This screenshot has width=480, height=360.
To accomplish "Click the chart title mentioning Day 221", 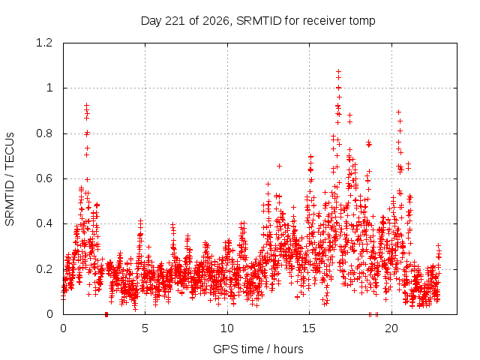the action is tap(258, 21).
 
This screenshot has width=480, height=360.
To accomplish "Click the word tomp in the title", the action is tap(361, 22).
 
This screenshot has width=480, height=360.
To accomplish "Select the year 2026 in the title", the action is tap(213, 21).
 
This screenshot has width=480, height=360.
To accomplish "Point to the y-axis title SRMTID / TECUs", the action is tap(10, 179).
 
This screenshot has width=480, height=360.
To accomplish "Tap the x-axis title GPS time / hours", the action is tap(258, 349).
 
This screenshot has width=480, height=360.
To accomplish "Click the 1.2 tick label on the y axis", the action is tap(44, 43).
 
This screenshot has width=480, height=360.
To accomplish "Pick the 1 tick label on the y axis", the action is tap(49, 88).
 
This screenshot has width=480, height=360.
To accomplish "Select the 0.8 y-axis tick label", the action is tap(44, 133).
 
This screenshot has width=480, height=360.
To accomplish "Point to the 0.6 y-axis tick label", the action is tap(44, 178).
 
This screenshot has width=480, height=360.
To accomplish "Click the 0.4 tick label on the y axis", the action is tap(44, 223).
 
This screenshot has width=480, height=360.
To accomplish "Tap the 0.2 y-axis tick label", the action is tap(44, 269).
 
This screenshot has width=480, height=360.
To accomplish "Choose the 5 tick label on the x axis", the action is tap(145, 328).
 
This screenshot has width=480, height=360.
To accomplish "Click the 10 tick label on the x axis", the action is tap(227, 328).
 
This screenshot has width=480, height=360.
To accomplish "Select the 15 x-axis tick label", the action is tap(309, 328).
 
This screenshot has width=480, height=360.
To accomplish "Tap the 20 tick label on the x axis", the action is tap(391, 328).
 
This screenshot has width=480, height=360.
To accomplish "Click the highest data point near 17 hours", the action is tap(338, 72).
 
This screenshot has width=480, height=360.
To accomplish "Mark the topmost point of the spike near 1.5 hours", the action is tap(87, 105).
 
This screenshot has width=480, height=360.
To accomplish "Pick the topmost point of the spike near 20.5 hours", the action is tap(398, 112).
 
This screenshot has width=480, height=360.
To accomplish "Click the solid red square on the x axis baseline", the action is tap(106, 314).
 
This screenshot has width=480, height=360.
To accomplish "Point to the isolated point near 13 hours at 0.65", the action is tap(279, 166).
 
